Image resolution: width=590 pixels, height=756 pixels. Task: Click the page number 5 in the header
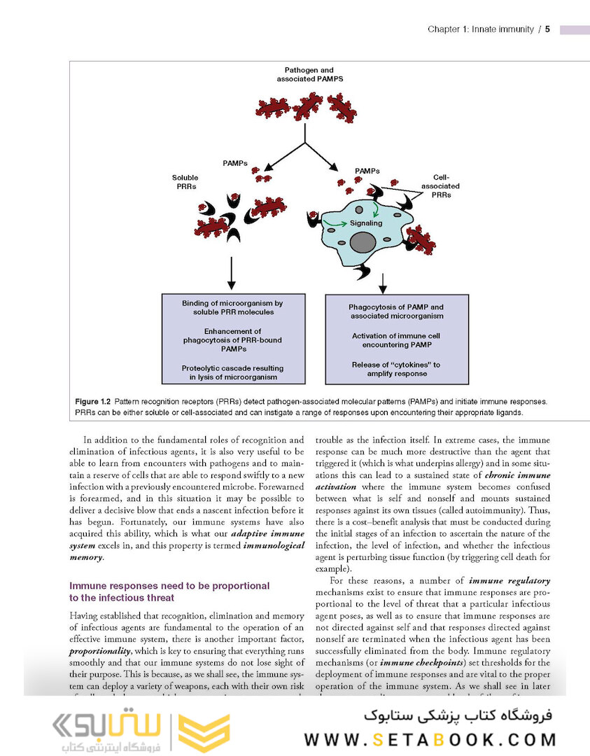point(547,29)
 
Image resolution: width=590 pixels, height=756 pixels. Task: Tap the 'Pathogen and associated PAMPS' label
point(309,74)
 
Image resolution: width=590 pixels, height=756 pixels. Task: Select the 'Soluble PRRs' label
point(185,183)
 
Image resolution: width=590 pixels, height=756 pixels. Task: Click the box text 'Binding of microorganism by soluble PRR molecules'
point(232,308)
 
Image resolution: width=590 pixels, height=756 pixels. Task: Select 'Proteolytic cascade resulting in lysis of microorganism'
point(232,372)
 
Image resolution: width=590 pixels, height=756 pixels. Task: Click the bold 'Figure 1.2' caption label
point(93,402)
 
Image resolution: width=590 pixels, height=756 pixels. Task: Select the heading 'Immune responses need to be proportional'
point(169,585)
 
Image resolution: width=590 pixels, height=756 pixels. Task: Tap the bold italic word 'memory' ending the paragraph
point(86,558)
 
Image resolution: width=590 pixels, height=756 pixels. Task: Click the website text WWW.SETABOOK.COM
point(430,739)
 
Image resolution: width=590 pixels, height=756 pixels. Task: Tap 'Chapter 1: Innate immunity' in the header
point(480,29)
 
